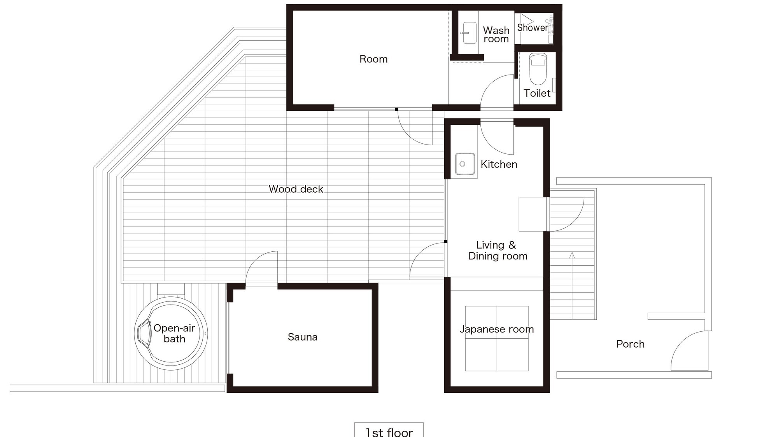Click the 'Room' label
click(373, 59)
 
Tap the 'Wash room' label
click(496, 35)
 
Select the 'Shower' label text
click(533, 28)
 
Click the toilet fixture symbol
click(538, 69)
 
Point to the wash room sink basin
click(470, 33)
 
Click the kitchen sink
click(465, 164)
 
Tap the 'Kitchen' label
click(499, 164)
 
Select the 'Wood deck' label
click(296, 189)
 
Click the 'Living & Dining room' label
click(498, 251)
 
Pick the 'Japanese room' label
click(497, 329)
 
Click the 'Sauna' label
click(303, 337)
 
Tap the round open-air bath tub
click(171, 334)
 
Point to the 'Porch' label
click(631, 344)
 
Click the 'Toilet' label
click(537, 93)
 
